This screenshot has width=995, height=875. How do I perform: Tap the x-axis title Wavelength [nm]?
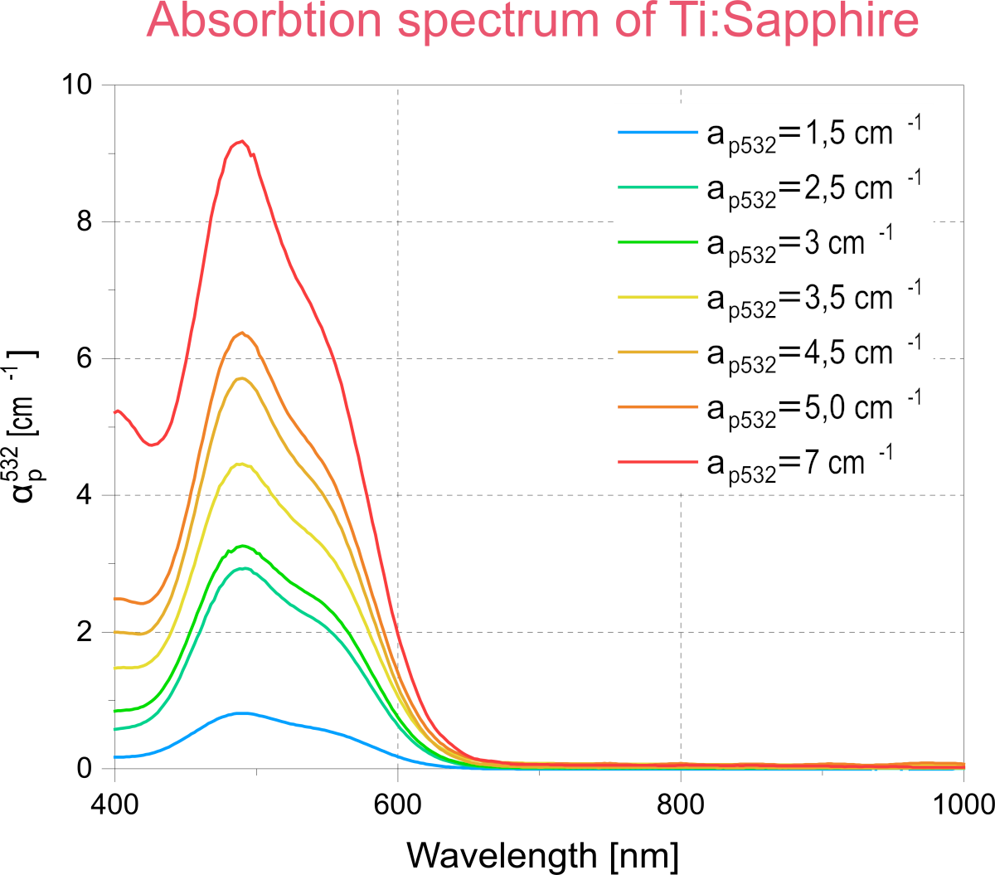(x=542, y=854)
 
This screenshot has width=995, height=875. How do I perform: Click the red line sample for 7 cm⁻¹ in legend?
(x=658, y=462)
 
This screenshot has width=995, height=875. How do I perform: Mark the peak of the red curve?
(x=240, y=142)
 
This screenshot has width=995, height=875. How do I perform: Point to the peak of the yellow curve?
(x=240, y=464)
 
